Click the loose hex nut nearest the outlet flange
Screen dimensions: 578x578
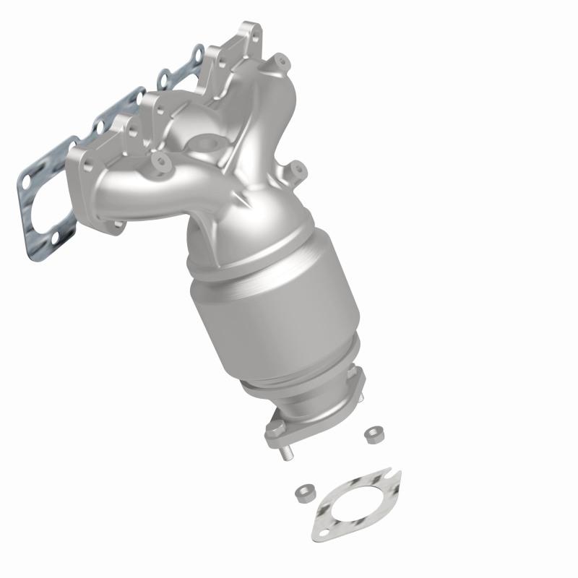374,433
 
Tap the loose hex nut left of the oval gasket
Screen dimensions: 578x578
303,494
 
